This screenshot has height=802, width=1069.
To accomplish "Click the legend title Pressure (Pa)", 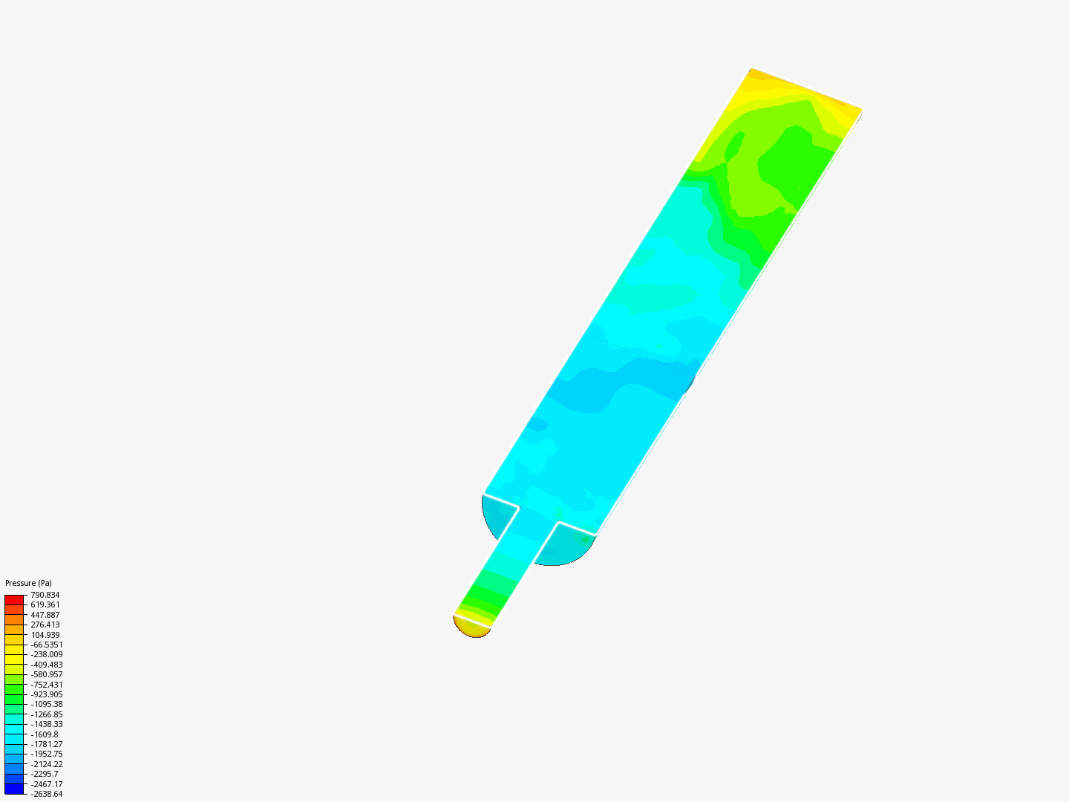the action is tap(28, 583).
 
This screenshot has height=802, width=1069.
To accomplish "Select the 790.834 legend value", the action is tap(45, 595).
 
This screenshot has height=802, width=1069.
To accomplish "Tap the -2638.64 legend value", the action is tap(47, 795).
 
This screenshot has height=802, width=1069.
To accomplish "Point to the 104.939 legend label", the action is tap(45, 635).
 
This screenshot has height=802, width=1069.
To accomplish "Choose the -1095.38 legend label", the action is tap(47, 705).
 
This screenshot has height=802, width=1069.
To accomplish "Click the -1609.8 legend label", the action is tap(45, 734).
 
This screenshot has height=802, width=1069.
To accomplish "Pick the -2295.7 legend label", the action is tap(45, 775).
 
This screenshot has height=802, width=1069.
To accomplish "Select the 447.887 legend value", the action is tap(45, 615).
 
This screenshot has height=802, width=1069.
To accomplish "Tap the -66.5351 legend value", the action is tap(47, 645).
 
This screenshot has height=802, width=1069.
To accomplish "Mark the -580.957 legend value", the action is tap(47, 674).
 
